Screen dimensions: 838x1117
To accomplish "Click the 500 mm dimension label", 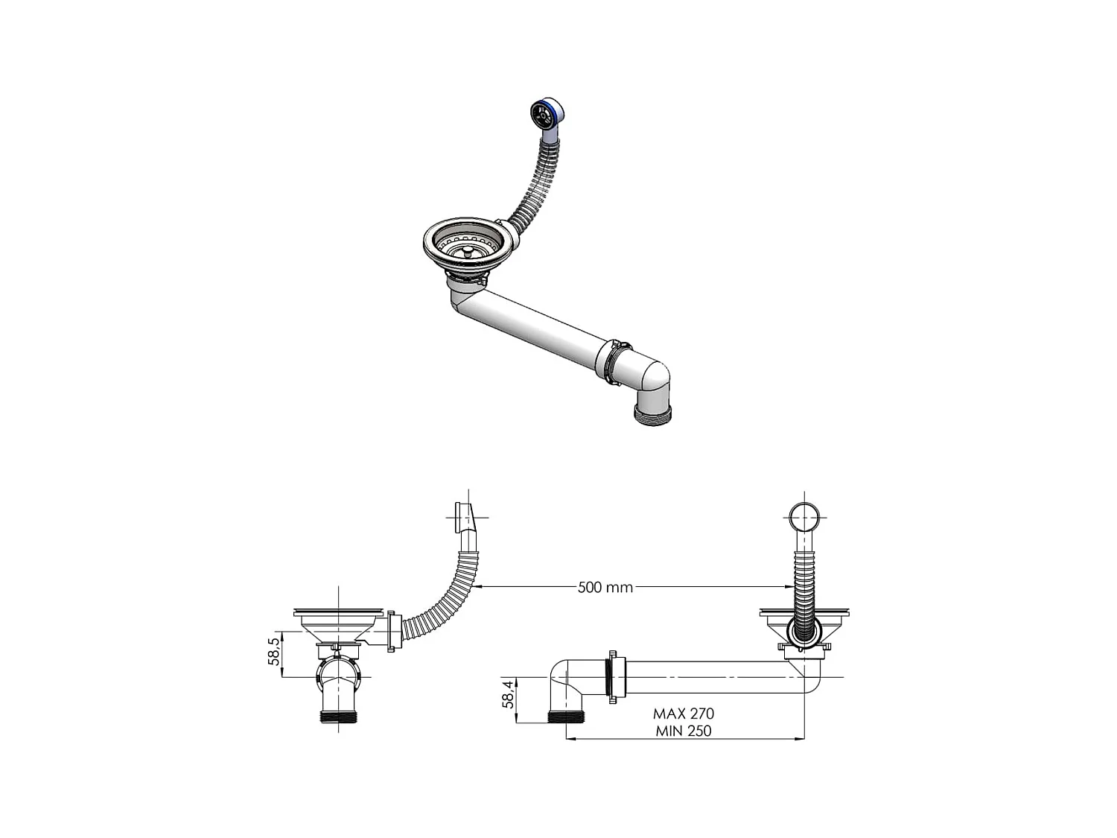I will [605, 587].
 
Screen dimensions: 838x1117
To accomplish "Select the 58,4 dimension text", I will [508, 694].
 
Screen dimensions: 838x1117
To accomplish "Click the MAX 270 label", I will [683, 714].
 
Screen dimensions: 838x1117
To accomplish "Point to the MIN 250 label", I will [683, 731].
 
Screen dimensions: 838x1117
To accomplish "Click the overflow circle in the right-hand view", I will [803, 515].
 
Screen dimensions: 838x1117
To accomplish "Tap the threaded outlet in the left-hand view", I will [340, 718].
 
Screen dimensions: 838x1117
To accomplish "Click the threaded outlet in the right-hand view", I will [567, 718].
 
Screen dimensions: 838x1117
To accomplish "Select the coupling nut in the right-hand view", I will [613, 677].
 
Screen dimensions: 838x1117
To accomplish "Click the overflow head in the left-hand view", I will [460, 515].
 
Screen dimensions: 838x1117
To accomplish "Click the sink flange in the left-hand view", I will [339, 613].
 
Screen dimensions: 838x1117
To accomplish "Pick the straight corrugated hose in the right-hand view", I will [803, 588].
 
